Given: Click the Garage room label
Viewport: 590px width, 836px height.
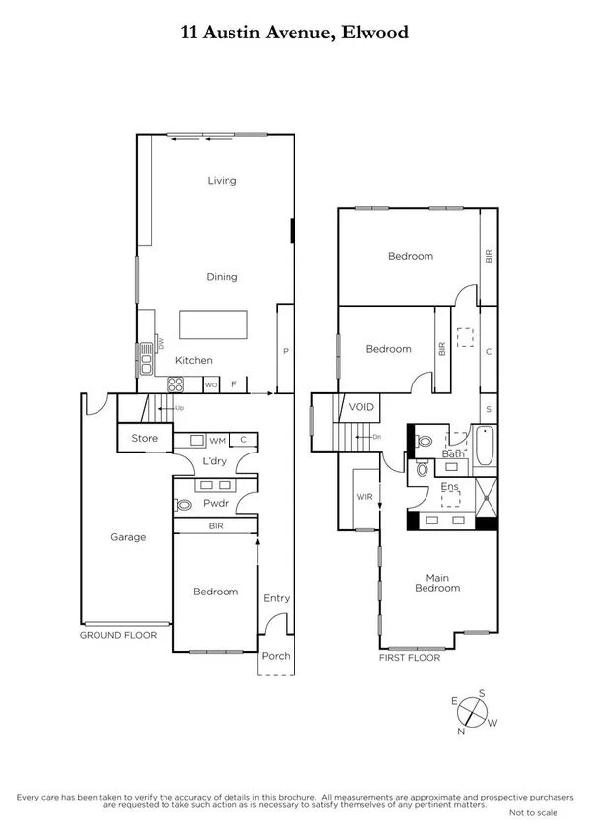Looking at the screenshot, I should (x=128, y=537).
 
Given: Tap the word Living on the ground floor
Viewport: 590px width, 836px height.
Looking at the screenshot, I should (x=222, y=181).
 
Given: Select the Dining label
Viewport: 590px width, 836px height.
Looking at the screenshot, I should (x=222, y=277).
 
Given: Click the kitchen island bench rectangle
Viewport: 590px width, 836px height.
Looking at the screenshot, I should (x=222, y=324).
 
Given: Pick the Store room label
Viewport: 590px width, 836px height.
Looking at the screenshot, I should (x=144, y=439).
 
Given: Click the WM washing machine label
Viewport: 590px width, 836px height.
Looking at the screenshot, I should (x=217, y=440).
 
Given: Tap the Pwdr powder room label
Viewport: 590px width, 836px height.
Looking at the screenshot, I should (x=215, y=503).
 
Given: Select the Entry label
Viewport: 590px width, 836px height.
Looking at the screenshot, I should (x=277, y=598).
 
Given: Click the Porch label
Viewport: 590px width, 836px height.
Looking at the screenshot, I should (x=276, y=656).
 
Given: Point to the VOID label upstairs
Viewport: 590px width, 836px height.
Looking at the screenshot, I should (x=361, y=406).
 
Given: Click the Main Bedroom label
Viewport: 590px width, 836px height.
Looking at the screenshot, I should (x=442, y=583).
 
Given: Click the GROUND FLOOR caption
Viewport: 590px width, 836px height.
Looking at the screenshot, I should (x=118, y=636).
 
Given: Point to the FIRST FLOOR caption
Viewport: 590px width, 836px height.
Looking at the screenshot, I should (x=409, y=656).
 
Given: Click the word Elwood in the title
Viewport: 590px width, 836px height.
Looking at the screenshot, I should (x=375, y=33).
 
